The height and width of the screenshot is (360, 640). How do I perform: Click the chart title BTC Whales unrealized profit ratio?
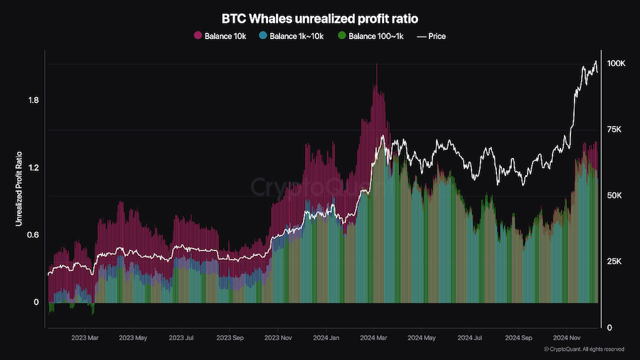point(320,17)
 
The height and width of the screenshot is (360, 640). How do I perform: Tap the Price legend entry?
point(432,36)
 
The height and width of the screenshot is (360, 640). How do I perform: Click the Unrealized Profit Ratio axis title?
point(18,189)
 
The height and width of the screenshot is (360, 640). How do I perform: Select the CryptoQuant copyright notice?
point(584,349)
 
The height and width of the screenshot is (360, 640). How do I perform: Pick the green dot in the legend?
point(341,36)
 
